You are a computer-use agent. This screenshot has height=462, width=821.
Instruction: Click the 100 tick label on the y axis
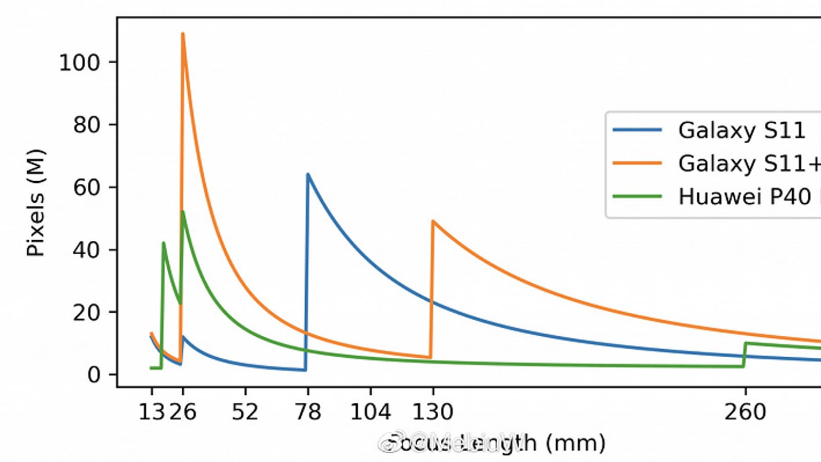coord(80,63)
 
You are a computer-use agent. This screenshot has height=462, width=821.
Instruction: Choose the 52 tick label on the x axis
coord(245,412)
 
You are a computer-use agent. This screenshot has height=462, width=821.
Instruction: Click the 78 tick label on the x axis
coord(308,412)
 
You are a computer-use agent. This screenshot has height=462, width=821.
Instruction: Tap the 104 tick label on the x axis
coord(370,412)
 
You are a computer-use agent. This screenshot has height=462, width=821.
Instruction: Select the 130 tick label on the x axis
coord(433,412)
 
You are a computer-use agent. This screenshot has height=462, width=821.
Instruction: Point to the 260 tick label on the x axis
coord(745,412)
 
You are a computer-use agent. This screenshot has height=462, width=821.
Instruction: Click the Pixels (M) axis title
coord(36,203)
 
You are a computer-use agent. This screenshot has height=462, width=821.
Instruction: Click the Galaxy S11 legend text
coord(741,130)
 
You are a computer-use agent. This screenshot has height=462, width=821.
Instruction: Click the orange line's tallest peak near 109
coord(183,34)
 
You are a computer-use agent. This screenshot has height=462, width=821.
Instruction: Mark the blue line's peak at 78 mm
coord(308,174)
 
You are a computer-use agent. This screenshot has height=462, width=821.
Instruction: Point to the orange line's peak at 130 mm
coord(433,221)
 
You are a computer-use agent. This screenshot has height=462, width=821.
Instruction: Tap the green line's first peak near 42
coord(163,243)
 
